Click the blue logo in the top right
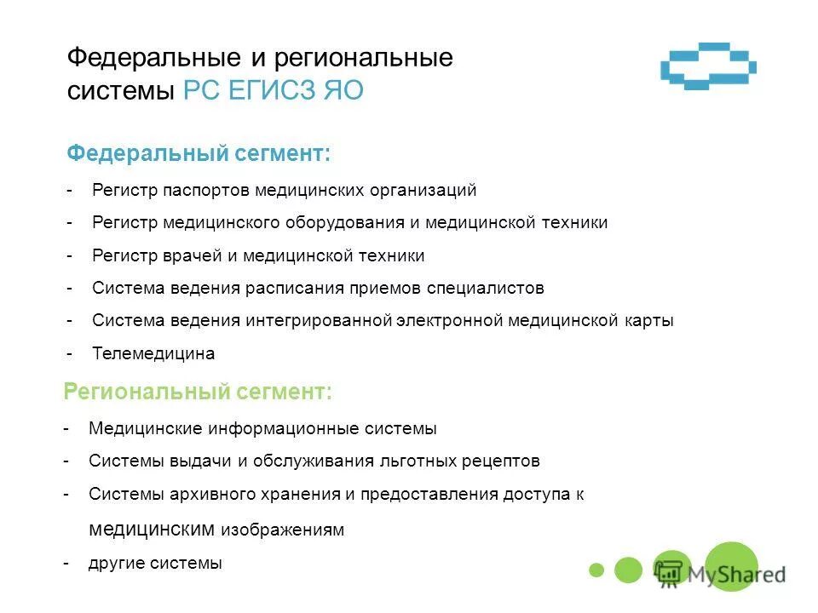click(709, 66)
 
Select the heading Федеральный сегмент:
click(199, 154)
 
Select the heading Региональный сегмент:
click(198, 392)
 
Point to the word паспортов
click(204, 190)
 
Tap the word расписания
click(289, 288)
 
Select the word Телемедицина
click(153, 353)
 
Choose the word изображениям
click(283, 530)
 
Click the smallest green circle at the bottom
click(596, 569)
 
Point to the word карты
click(652, 321)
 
